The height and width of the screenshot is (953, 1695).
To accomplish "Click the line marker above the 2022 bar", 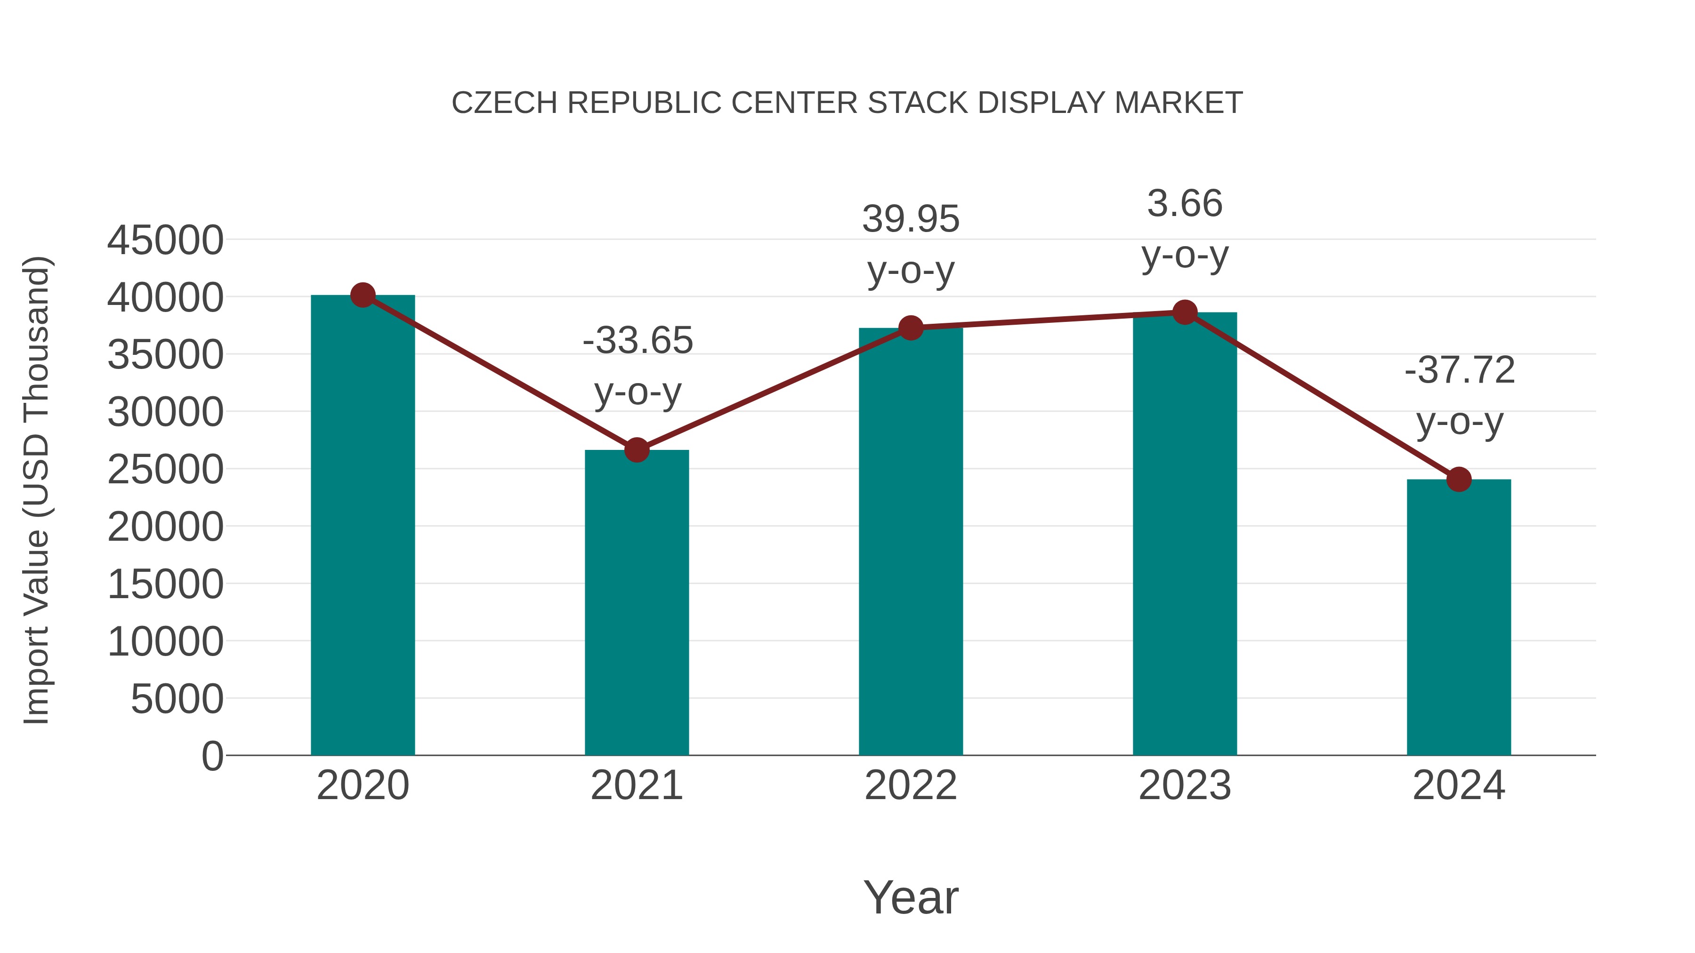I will pos(911,327).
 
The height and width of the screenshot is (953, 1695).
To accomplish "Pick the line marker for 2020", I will pos(363,295).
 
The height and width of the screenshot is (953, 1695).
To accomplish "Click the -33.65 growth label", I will pos(638,341).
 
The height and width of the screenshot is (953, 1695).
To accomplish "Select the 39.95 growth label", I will pos(911,219).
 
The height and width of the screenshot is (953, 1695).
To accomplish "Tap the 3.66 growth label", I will pos(1185,203).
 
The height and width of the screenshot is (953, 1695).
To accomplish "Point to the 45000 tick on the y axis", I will pos(165,240).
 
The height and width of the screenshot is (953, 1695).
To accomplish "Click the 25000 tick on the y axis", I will pos(165,470).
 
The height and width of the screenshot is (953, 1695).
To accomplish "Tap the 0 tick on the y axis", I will pos(212,756).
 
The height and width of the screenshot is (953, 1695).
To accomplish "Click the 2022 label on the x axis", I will pos(911,785).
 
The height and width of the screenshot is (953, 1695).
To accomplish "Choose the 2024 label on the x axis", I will pos(1459,785).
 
